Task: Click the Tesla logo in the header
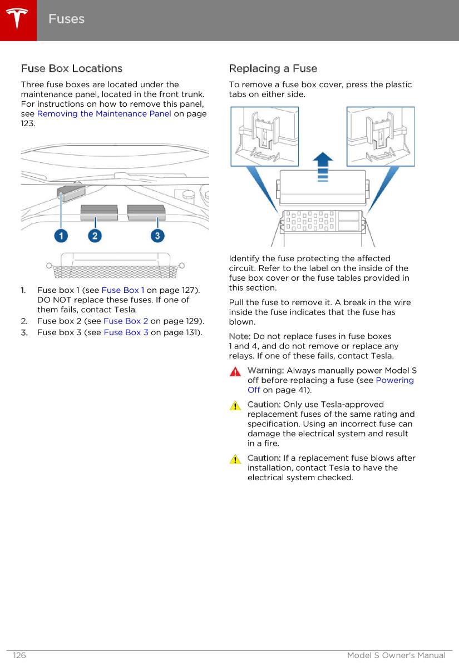[18, 19]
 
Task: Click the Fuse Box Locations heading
[72, 68]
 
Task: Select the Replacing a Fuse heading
[273, 68]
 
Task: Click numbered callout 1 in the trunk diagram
[61, 236]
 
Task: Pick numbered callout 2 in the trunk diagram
[95, 236]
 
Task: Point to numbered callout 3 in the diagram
[158, 236]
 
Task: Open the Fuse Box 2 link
[125, 321]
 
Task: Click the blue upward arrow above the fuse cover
[322, 166]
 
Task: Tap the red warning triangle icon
[236, 371]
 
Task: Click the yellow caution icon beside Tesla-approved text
[236, 406]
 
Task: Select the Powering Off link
[394, 380]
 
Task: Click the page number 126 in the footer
[19, 656]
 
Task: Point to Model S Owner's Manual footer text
[396, 656]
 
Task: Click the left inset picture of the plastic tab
[265, 136]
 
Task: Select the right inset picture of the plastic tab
[380, 136]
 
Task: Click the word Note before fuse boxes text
[240, 336]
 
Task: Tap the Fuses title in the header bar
[66, 19]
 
